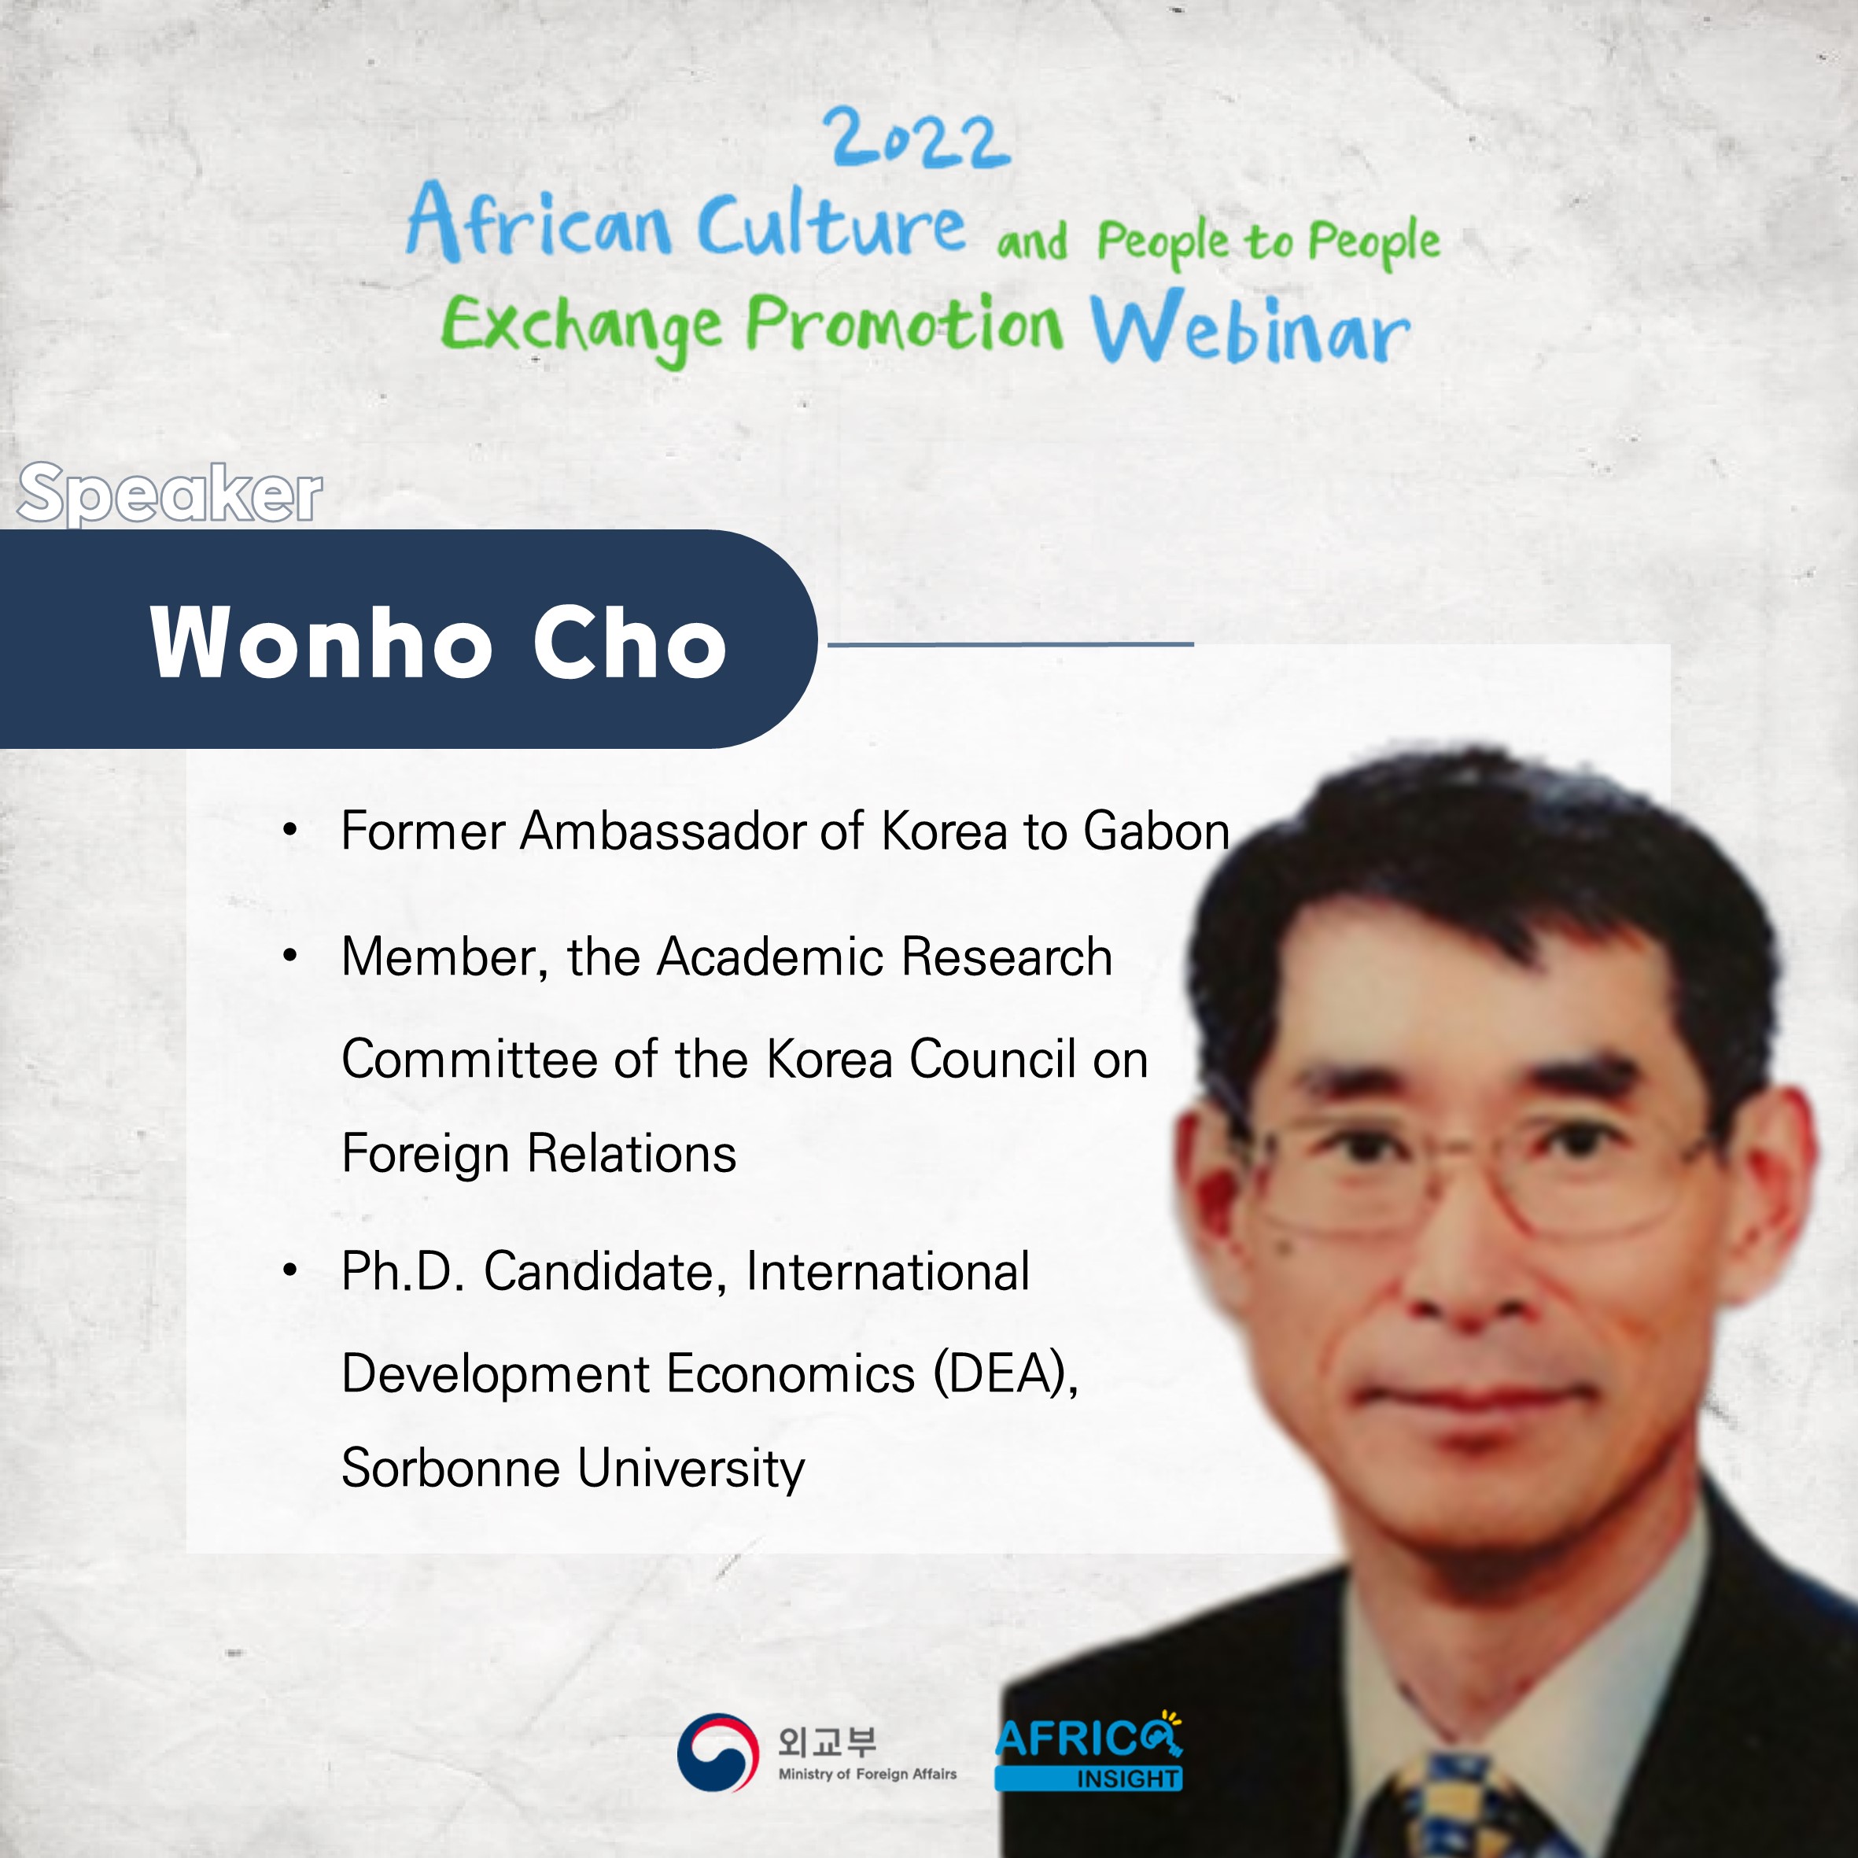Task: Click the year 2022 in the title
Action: coord(916,139)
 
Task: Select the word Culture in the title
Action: coord(831,223)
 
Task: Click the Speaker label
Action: coord(170,493)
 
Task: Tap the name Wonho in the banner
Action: coord(321,643)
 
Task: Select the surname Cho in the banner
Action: coord(630,643)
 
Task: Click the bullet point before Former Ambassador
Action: coord(290,830)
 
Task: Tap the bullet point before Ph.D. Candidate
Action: coord(290,1270)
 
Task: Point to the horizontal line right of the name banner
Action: coord(1011,644)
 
